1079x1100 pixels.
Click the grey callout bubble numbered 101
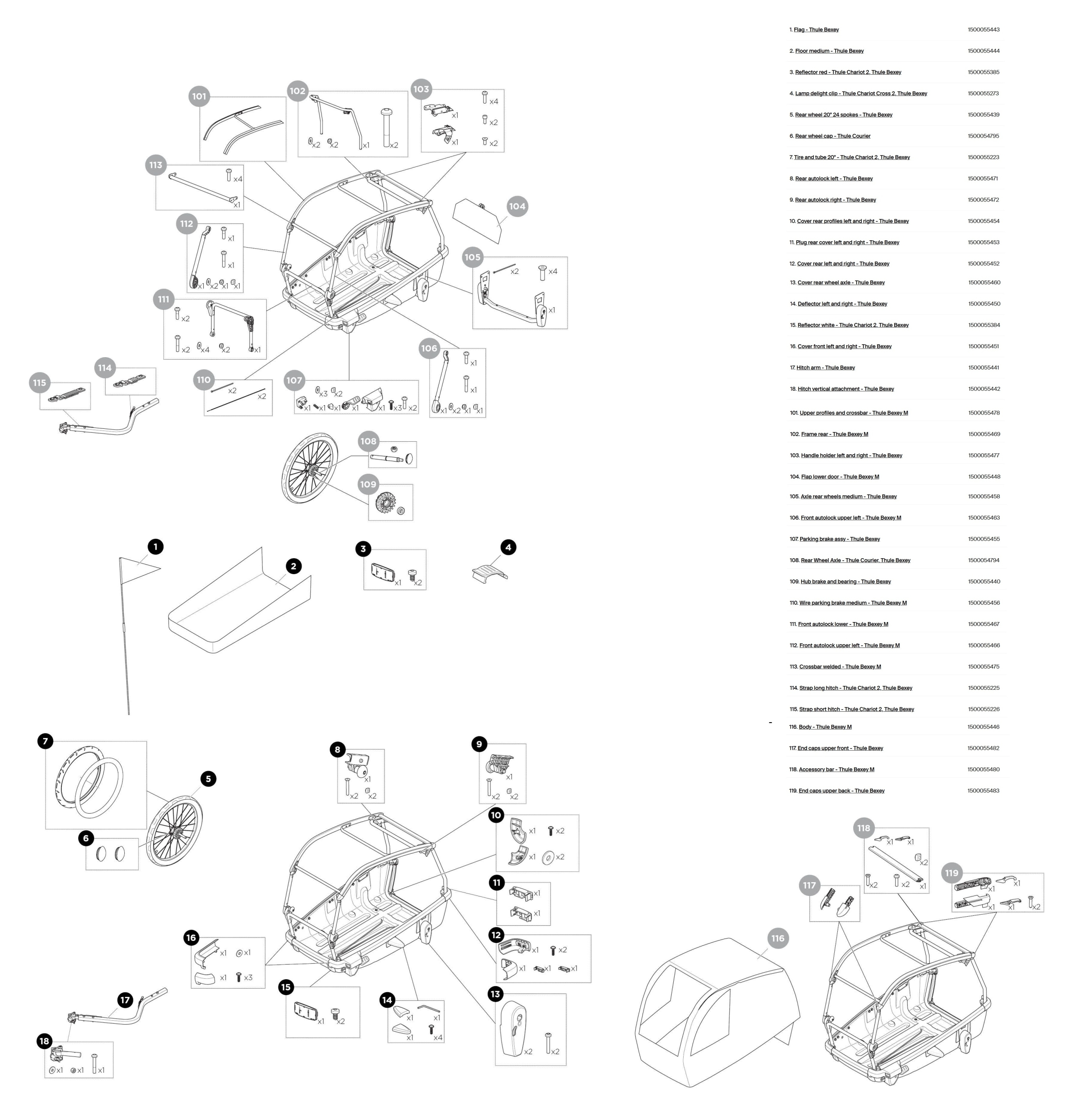199,96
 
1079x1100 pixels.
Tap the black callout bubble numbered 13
496,993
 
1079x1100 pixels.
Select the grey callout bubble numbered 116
777,938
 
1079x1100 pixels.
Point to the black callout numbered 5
208,778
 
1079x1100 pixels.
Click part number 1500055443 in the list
983,29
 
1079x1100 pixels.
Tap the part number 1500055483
983,791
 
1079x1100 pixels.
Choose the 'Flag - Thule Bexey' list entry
816,29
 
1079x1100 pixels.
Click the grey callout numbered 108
368,441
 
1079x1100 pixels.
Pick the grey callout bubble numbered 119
952,873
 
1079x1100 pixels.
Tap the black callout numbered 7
45,741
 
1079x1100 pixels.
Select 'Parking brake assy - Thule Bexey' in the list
839,539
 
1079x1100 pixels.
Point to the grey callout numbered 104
517,206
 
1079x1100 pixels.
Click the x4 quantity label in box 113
238,179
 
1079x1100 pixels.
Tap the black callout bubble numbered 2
293,566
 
